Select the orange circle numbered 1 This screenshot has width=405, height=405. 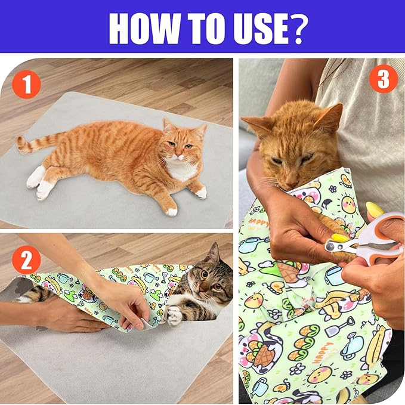(27, 85)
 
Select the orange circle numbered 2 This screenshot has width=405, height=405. (27, 260)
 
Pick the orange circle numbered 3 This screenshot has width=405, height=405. (384, 79)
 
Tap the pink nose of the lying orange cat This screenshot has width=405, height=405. (180, 156)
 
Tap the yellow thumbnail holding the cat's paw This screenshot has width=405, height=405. (339, 237)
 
